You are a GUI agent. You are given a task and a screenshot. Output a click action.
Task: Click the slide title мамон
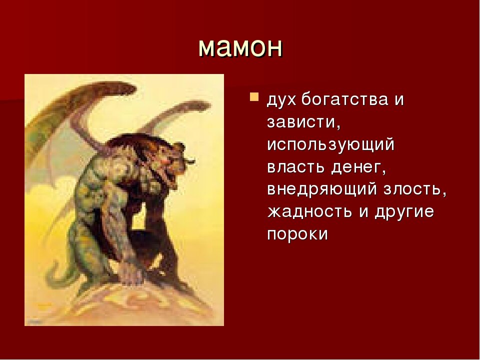(240, 47)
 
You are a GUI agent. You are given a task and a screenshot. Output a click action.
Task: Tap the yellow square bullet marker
(254, 95)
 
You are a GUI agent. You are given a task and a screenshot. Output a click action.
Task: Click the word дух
(283, 99)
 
